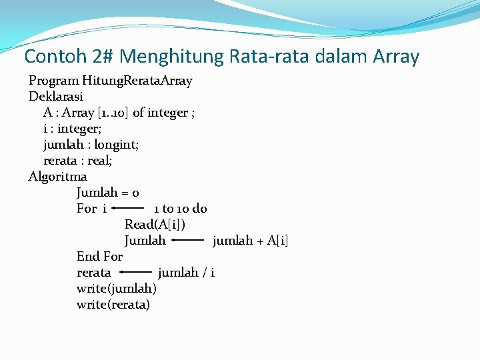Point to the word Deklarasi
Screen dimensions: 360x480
point(56,97)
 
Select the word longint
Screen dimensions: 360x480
point(117,145)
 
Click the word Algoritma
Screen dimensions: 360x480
point(58,177)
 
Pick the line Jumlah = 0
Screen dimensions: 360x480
point(108,193)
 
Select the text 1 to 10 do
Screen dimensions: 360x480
point(180,209)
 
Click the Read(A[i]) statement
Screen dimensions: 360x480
point(155,225)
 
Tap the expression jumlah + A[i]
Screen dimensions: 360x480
point(250,241)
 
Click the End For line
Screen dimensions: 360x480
point(100,257)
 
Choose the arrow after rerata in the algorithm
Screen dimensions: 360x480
point(135,272)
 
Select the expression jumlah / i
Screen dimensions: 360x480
point(186,273)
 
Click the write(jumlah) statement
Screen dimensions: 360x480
point(117,289)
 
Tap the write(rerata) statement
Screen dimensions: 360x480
point(113,305)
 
